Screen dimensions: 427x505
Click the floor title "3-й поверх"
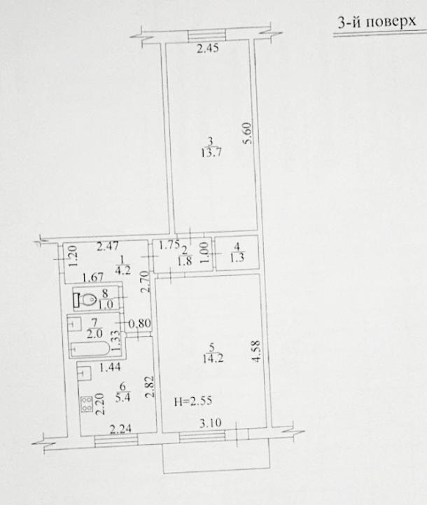377,22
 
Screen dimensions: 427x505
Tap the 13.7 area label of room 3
211,152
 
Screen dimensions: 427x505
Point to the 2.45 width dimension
208,48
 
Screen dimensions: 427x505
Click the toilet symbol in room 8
85,300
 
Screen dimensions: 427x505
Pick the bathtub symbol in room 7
91,349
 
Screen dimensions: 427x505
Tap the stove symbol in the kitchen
87,404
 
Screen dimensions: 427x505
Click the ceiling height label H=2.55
193,401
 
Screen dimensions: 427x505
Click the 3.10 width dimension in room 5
211,422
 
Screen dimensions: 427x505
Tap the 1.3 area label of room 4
237,258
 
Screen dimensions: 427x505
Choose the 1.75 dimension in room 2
169,245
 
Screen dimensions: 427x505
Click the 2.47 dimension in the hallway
108,247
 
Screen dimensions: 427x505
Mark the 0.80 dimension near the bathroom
140,323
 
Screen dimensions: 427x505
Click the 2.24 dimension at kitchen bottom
120,429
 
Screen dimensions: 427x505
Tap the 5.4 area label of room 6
122,398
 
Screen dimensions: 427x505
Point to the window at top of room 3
207,35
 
